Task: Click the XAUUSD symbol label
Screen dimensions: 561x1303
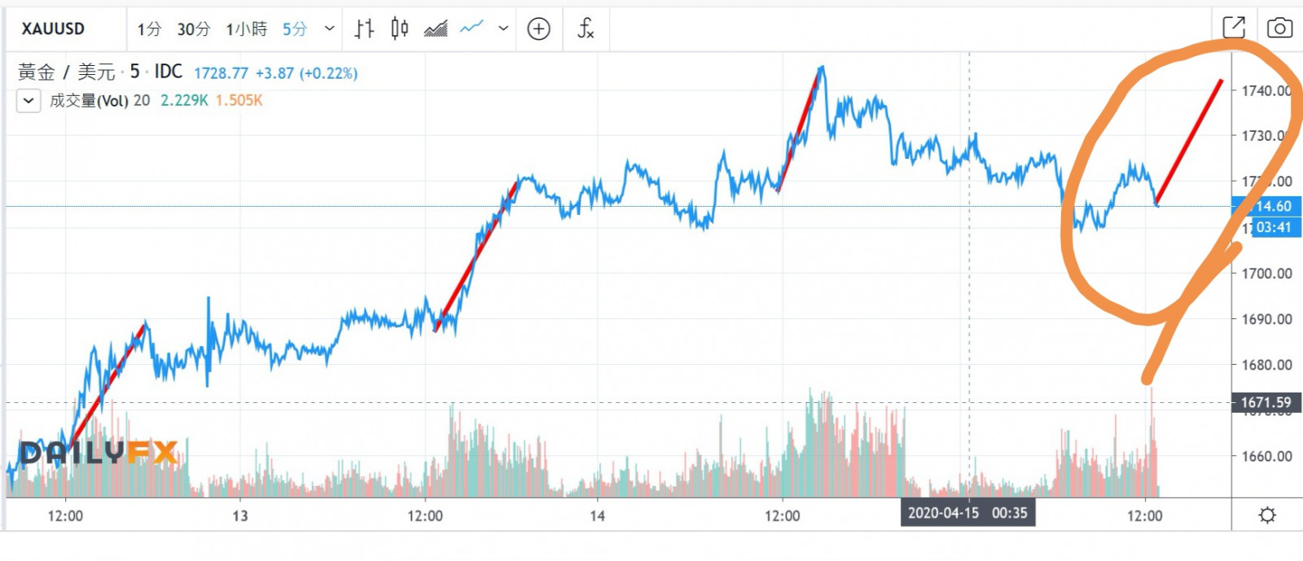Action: (x=53, y=29)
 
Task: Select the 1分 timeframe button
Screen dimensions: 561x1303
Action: (x=149, y=29)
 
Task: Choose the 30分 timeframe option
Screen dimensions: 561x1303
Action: (x=194, y=29)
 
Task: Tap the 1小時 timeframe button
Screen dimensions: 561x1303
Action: (x=247, y=29)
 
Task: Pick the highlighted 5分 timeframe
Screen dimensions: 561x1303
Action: (x=295, y=29)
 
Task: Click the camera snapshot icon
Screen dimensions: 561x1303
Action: (x=1279, y=28)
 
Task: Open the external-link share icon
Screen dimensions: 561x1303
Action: (x=1234, y=28)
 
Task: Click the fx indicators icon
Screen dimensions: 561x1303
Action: (x=586, y=29)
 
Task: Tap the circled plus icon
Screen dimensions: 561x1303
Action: (x=538, y=29)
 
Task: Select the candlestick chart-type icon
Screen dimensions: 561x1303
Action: (x=399, y=29)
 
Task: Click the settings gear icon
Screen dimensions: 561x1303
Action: (x=1267, y=515)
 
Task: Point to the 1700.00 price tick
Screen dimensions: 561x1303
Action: (x=1266, y=274)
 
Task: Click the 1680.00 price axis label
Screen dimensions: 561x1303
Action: (x=1266, y=365)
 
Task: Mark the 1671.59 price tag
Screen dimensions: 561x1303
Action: (x=1266, y=402)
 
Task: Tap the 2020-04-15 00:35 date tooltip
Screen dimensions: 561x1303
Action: (x=967, y=513)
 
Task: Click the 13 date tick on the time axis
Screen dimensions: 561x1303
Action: (x=239, y=516)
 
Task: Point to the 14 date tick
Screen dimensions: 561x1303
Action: (x=597, y=516)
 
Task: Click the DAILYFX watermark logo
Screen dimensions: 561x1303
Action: (x=99, y=453)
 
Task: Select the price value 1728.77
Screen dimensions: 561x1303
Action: (x=221, y=73)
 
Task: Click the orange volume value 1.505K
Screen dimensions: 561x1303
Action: (x=239, y=100)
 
